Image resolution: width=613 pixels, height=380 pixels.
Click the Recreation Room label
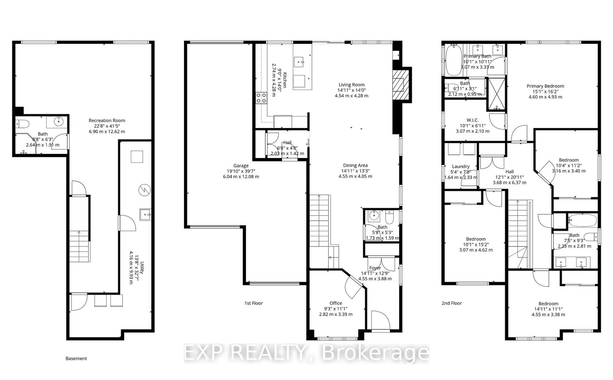[x=107, y=121]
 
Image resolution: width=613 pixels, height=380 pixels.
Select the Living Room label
[x=351, y=85]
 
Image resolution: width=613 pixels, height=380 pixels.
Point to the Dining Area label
[x=355, y=165]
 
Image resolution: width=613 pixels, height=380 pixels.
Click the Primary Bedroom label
[x=545, y=86]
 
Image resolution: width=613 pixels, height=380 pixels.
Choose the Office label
[x=336, y=303]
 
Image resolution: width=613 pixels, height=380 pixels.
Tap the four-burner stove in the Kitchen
[x=261, y=98]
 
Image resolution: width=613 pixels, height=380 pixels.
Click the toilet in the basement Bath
[x=22, y=124]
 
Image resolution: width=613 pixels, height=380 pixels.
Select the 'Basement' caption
[x=76, y=359]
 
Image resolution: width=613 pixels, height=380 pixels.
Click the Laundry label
[x=461, y=166]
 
